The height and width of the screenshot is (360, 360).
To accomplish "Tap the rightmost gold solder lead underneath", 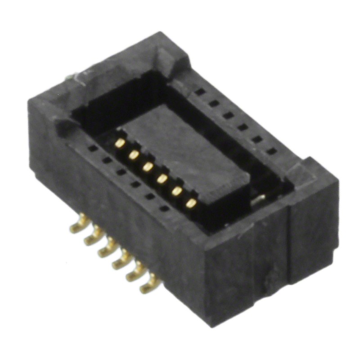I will point(149,285).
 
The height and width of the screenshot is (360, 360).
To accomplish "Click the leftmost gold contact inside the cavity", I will point(120,143).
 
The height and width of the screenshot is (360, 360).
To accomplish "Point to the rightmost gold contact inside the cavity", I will point(191,203).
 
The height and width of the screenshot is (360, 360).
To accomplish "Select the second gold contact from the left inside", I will point(134,155).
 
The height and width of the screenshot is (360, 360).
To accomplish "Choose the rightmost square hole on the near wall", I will point(164,208).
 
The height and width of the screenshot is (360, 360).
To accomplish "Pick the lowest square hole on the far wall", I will point(271,152).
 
